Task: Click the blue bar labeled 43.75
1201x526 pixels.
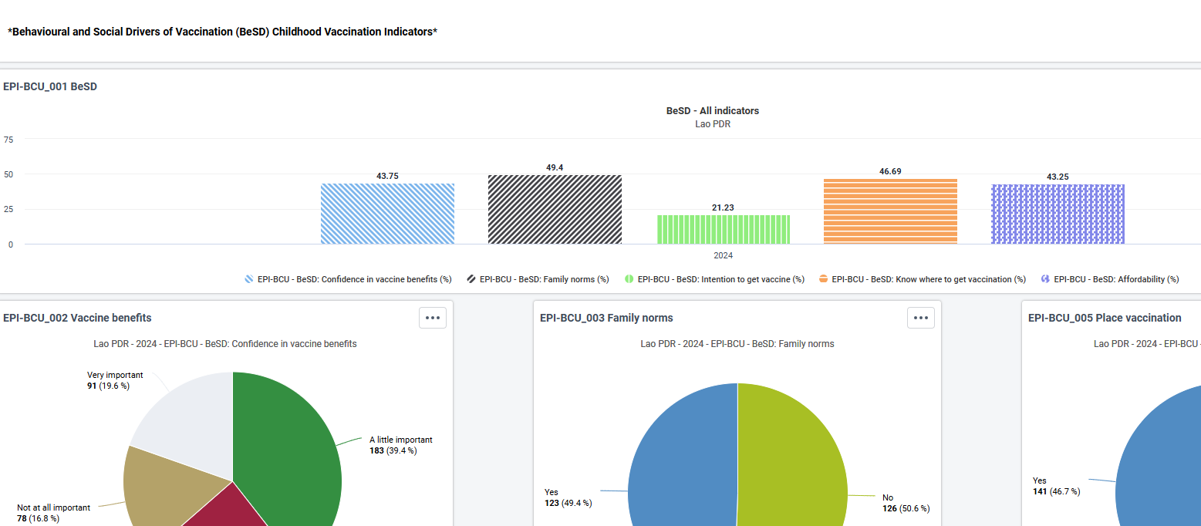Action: [x=388, y=214]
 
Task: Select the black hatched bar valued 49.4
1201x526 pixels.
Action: [x=555, y=210]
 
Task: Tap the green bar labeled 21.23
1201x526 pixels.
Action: [x=724, y=230]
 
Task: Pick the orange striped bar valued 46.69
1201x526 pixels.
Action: [x=891, y=211]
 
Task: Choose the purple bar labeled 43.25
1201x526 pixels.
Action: [x=1058, y=214]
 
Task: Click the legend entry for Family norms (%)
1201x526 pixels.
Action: [x=538, y=279]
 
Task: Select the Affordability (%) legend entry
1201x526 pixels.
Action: [x=1110, y=279]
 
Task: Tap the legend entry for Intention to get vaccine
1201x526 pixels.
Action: [x=715, y=279]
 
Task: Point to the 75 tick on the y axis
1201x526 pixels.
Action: [x=8, y=140]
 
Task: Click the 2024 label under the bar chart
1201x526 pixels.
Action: [x=723, y=255]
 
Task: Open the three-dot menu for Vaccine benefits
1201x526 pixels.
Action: [x=433, y=318]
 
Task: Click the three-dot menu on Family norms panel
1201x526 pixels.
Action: [x=921, y=318]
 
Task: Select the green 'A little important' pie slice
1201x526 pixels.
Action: [x=289, y=450]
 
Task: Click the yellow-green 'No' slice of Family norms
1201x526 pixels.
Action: [x=791, y=461]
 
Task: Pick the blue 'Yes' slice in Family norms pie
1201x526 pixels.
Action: [x=683, y=461]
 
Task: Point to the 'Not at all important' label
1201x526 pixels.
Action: [x=54, y=507]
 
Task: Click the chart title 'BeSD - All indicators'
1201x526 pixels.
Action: [x=713, y=111]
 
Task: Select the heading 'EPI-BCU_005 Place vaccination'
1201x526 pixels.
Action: [x=1105, y=318]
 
